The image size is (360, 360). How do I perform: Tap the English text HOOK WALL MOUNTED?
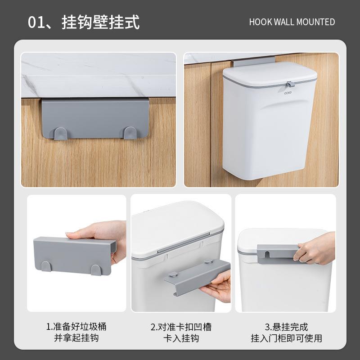[x=292, y=22]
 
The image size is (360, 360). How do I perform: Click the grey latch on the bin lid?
[x=289, y=83]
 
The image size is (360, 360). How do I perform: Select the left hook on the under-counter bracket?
[x=61, y=133]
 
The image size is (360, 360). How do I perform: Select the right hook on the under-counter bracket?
[x=130, y=133]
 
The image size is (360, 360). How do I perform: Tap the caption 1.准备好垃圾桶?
[x=76, y=327]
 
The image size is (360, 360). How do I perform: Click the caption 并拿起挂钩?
[x=76, y=338]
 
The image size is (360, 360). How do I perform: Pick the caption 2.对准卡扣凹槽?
[x=181, y=327]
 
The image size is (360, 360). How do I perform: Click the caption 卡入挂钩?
[x=181, y=338]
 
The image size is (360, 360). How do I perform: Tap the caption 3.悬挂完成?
[x=286, y=327]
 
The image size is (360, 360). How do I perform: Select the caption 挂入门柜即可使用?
[x=286, y=338]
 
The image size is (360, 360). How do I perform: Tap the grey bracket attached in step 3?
[x=277, y=252]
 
